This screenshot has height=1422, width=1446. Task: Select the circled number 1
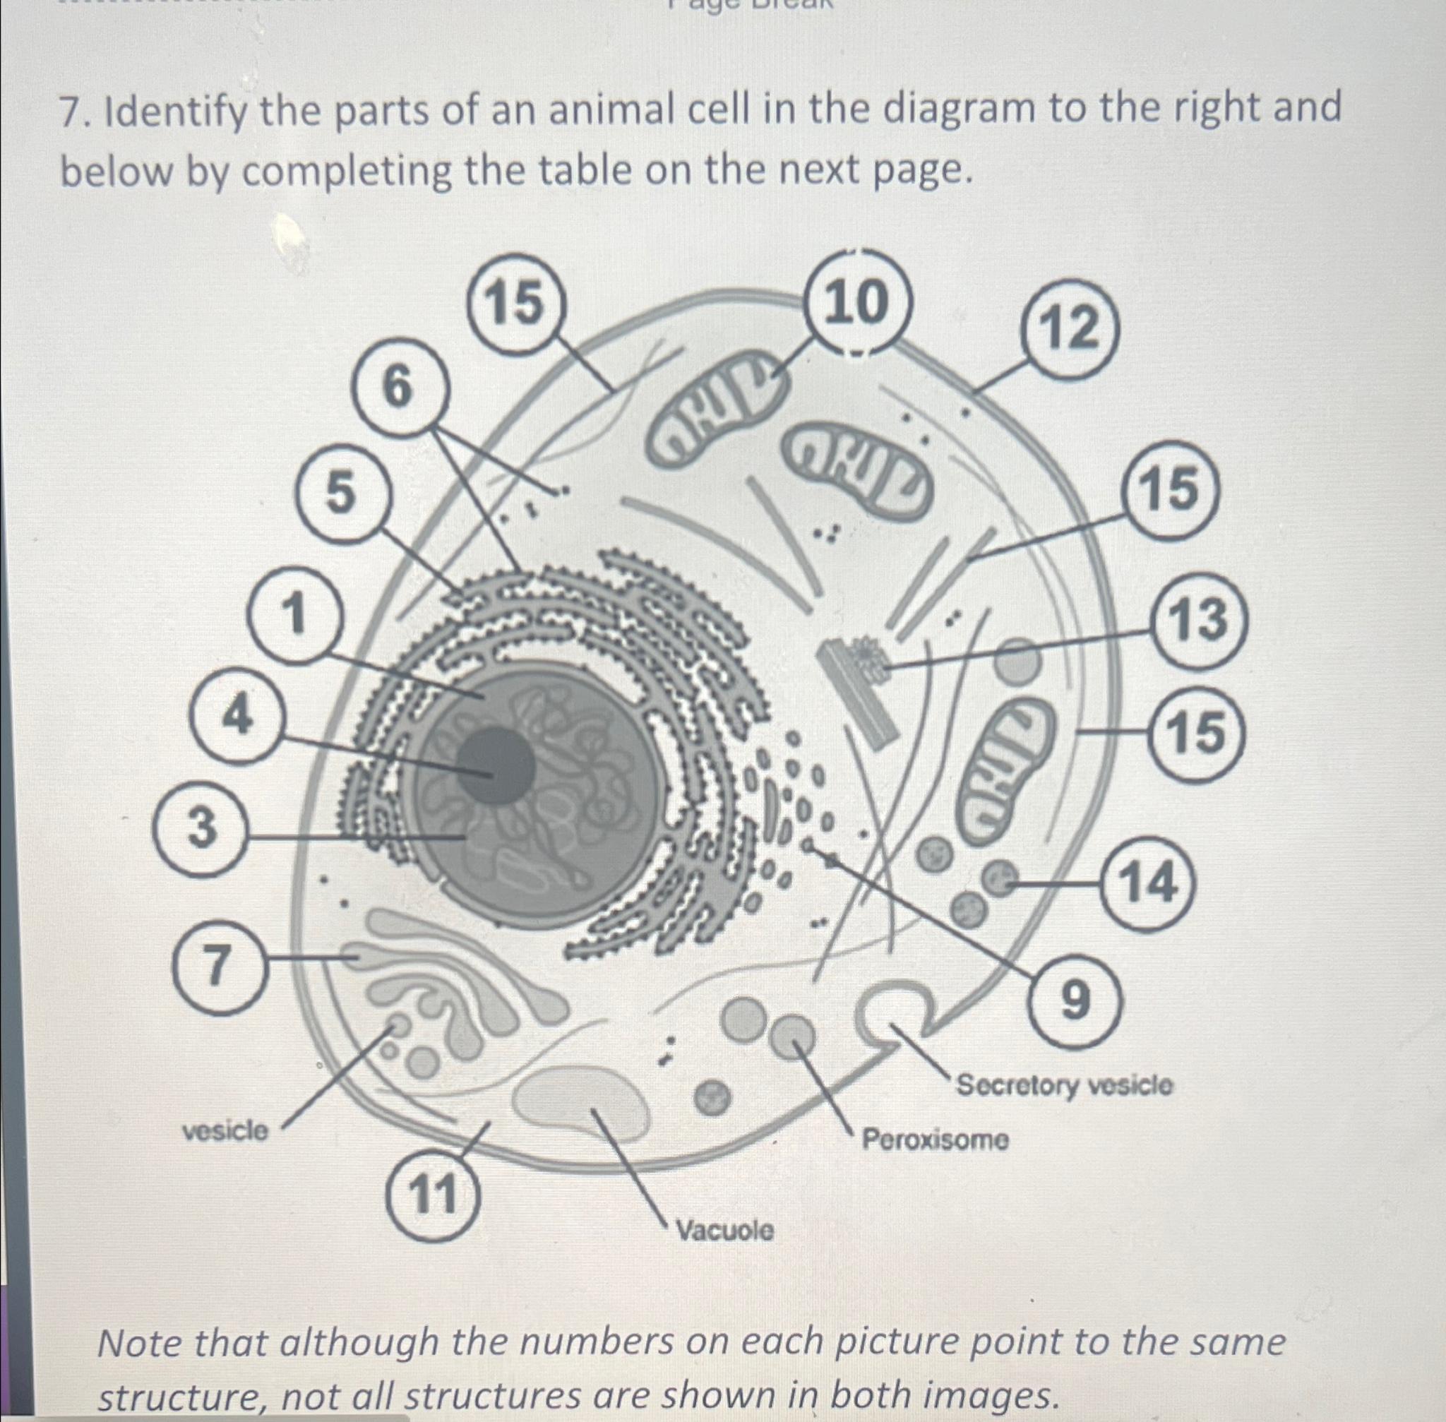pos(296,614)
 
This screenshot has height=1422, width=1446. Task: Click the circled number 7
pos(216,966)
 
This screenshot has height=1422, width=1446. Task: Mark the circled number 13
pos(1197,620)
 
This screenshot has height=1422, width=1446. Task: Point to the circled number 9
pos(1075,1001)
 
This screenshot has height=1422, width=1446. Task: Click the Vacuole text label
pos(724,1230)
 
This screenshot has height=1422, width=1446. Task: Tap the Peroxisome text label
pos(935,1140)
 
